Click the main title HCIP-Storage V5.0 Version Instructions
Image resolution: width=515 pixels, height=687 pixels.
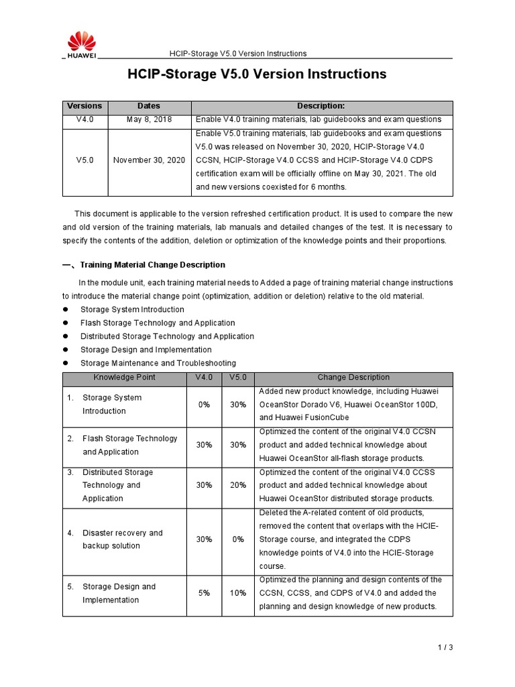tap(257, 74)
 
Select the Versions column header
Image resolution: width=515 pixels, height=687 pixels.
tap(85, 106)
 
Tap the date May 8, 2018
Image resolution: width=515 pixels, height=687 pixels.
tap(149, 119)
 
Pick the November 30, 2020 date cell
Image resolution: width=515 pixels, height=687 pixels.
tap(149, 160)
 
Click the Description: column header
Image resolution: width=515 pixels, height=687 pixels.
tap(321, 106)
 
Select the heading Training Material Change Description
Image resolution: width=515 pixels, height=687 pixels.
tap(152, 265)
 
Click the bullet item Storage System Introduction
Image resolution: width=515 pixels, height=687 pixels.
tap(132, 309)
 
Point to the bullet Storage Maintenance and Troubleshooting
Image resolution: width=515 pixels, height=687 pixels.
tap(158, 363)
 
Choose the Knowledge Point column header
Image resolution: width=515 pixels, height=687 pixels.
tap(125, 378)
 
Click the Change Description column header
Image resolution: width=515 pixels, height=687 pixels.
tap(353, 378)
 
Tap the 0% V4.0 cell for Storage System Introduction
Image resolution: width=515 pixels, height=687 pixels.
tap(204, 405)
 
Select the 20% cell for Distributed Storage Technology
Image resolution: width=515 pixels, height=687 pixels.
tap(237, 485)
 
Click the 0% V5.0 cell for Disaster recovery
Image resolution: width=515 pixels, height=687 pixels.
tap(237, 539)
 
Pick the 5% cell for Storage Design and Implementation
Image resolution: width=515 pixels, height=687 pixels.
tap(204, 593)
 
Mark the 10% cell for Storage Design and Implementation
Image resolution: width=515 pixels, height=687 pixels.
tap(237, 593)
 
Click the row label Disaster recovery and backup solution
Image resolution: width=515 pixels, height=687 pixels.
tap(122, 539)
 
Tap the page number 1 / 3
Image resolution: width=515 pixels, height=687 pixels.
tap(445, 647)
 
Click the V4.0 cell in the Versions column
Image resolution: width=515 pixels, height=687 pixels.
tap(85, 119)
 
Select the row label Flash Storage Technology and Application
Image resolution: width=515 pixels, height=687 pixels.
tap(129, 445)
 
